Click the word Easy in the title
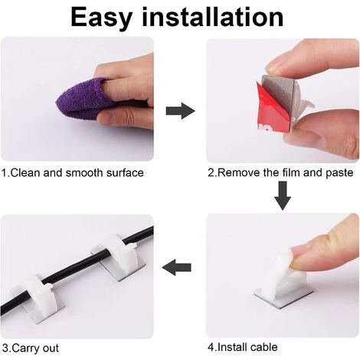[102, 18]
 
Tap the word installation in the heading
[213, 17]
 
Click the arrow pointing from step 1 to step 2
[180, 111]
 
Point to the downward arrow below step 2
[283, 195]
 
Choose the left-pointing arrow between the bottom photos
[177, 267]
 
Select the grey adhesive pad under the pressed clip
[283, 293]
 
